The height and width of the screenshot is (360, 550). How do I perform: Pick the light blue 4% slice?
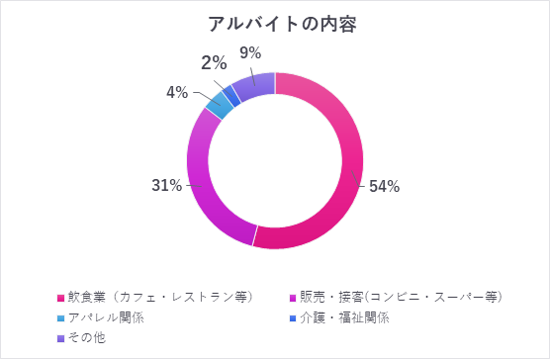point(219,105)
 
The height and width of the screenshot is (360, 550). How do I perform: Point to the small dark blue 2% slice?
point(231,95)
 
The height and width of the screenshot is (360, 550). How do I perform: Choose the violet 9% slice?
point(254,87)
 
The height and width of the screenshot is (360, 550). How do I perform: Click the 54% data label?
point(384,187)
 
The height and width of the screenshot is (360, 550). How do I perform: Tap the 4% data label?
point(177,92)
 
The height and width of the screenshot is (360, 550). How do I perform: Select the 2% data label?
point(213,62)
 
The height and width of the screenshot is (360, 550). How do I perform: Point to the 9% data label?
point(250,52)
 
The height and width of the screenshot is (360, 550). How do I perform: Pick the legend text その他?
point(88,337)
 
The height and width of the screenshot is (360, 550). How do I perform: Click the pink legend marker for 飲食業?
point(61,298)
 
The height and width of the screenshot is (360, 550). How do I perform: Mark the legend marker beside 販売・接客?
point(292,298)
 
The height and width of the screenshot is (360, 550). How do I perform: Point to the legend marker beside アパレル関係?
point(61,318)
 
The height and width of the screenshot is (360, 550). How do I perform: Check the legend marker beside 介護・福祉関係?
point(292,318)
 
